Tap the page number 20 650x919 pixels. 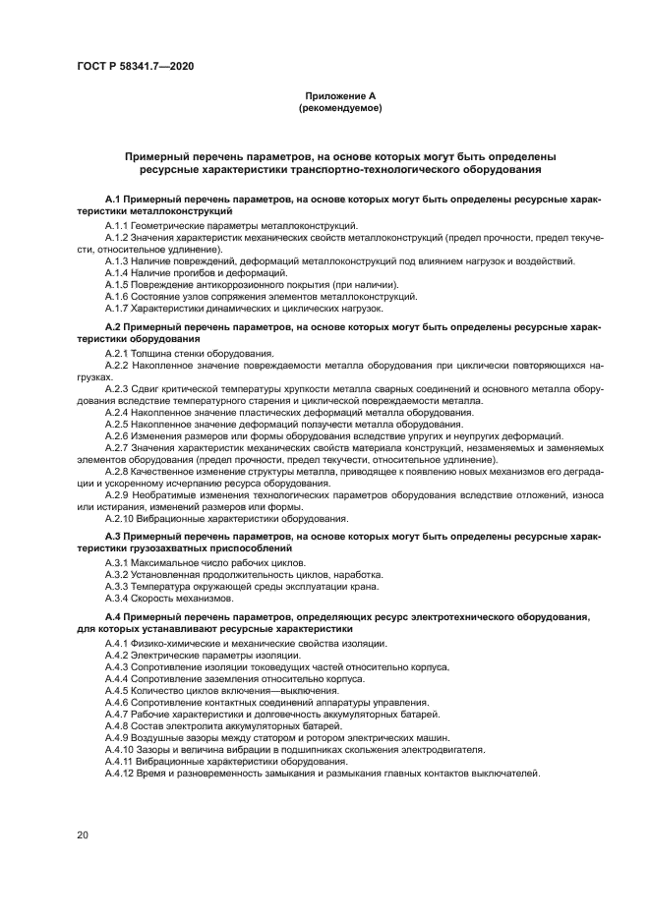[x=84, y=834]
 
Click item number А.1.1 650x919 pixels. [x=117, y=225]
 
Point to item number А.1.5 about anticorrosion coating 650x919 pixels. [x=117, y=283]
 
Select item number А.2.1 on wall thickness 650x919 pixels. [x=117, y=353]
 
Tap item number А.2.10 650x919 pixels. [x=119, y=518]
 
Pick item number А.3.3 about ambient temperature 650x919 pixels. [x=117, y=586]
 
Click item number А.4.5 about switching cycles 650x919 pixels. [x=117, y=690]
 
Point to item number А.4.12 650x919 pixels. [x=119, y=773]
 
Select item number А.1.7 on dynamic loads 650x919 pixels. [x=117, y=308]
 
